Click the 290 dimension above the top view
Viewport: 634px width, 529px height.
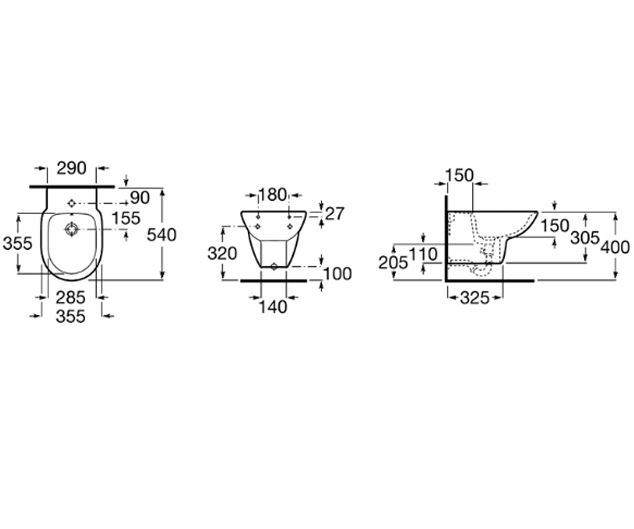(72, 168)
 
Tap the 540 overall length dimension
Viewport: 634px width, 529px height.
(162, 235)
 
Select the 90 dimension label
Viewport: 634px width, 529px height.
(140, 198)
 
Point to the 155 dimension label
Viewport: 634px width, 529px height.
(126, 218)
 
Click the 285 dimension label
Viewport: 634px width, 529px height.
(70, 297)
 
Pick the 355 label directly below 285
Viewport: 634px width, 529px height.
(71, 316)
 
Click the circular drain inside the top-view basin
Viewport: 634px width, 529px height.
(72, 229)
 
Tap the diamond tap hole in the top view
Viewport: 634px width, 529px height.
(71, 203)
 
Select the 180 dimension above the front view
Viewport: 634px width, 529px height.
(273, 195)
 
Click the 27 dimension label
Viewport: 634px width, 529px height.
(334, 214)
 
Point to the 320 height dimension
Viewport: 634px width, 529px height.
(222, 254)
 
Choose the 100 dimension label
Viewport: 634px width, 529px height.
(338, 274)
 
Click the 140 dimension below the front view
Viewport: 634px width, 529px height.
(273, 307)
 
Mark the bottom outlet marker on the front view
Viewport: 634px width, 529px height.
(274, 267)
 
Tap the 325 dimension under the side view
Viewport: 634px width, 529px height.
(475, 298)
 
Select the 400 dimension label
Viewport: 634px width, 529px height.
(615, 247)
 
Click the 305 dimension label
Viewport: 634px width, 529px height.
(585, 238)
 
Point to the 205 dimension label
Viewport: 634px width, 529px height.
(393, 263)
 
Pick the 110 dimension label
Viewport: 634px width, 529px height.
(423, 254)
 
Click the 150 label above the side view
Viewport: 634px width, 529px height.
(460, 176)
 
